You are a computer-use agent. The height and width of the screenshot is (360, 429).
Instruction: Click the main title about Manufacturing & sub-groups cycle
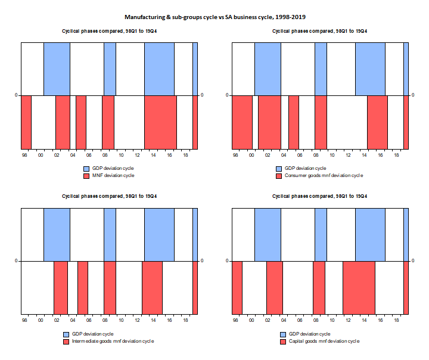click(x=215, y=17)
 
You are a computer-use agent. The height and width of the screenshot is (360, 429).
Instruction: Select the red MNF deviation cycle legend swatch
click(x=86, y=176)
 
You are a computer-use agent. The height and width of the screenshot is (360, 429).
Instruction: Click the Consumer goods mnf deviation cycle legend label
click(x=324, y=175)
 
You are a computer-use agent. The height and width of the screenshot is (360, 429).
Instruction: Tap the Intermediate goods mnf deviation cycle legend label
click(x=113, y=341)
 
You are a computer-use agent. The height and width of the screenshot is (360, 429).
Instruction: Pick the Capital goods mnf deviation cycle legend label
click(x=324, y=341)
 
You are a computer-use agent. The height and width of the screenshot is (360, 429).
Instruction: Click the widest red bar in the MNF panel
click(x=161, y=122)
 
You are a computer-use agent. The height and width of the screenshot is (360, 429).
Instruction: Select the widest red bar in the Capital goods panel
click(x=359, y=288)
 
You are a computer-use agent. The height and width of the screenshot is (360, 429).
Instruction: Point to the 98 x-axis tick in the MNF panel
click(x=24, y=155)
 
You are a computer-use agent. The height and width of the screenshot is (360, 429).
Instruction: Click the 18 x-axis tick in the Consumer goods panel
click(x=396, y=155)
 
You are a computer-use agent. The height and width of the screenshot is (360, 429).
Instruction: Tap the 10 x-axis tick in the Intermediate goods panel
click(x=121, y=320)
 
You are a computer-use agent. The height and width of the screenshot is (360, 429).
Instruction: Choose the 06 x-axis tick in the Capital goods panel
click(x=300, y=320)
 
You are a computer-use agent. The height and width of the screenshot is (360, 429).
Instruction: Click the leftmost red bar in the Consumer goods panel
click(x=242, y=122)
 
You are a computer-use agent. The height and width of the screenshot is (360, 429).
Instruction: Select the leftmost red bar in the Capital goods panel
click(x=237, y=288)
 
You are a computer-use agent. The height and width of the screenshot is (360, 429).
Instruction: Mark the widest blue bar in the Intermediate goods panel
click(x=159, y=235)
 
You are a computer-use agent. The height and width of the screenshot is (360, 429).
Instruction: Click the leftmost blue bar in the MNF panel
click(x=57, y=69)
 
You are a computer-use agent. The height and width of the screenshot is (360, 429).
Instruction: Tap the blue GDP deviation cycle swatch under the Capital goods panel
click(x=283, y=334)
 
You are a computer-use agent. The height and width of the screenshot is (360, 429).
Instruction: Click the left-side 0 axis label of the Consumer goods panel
click(x=227, y=95)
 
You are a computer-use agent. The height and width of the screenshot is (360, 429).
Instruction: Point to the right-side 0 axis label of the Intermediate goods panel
click(x=202, y=260)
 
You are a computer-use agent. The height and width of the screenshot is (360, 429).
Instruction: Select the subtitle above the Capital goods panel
click(x=319, y=196)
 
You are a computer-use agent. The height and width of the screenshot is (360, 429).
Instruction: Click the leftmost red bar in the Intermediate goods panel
click(x=61, y=288)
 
